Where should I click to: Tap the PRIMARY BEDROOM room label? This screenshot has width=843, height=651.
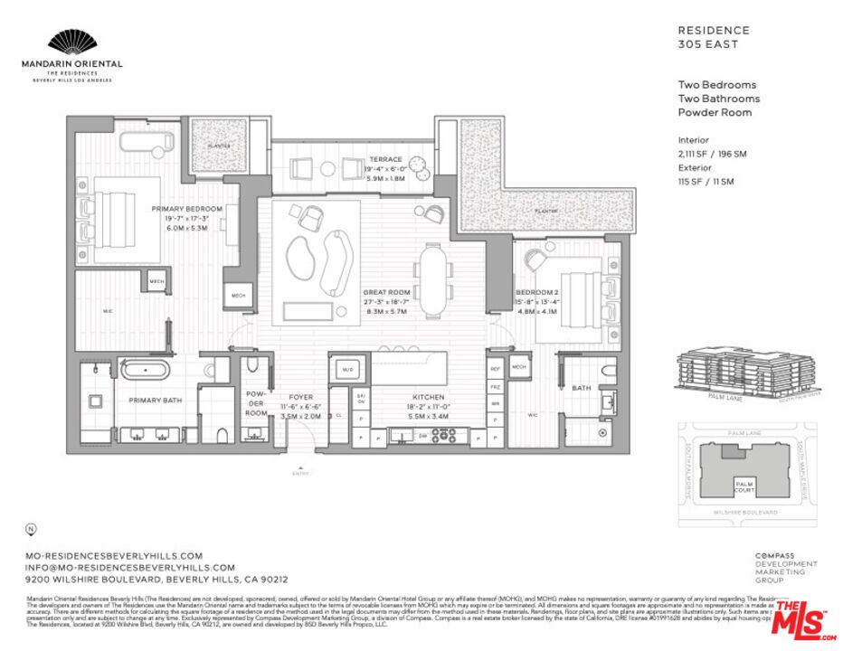pos(186,209)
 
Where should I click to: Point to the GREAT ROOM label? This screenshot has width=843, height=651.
pos(387,293)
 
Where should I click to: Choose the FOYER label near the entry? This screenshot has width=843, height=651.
pos(300,397)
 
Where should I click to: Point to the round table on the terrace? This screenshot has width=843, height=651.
pos(417,165)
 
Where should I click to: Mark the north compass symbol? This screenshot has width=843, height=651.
pos(32,528)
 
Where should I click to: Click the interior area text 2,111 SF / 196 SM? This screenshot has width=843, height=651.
pos(712,154)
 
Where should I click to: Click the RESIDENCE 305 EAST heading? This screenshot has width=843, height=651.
pos(714,36)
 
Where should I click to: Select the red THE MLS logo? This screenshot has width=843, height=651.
pos(802,618)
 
